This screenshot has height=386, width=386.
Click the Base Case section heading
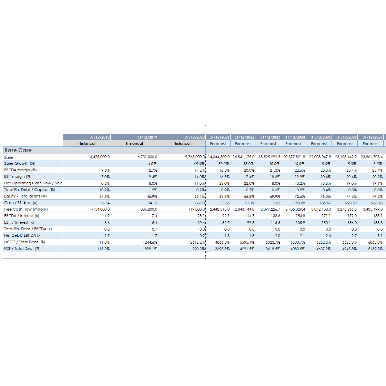pos(18,151)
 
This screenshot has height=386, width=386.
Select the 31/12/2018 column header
pos(100,137)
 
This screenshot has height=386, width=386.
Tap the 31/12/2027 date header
pos(372,137)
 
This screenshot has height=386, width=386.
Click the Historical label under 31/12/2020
pos(182,144)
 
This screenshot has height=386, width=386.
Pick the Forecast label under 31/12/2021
pos(218,144)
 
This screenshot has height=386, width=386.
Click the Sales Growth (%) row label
pos(20,164)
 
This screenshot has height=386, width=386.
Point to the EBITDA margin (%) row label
pos(20,170)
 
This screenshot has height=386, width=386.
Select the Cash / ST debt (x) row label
pos(21,203)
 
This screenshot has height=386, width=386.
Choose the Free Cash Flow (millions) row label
pos(26,210)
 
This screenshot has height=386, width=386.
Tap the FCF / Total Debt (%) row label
pos(22,248)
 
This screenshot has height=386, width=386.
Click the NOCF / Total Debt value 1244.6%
pos(150,242)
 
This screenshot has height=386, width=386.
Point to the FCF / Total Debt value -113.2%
pos(103,249)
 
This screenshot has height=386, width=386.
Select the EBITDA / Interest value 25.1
pos(201,216)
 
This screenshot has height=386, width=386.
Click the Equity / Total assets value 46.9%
pos(152,196)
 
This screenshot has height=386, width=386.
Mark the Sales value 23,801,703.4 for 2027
pos(372,157)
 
